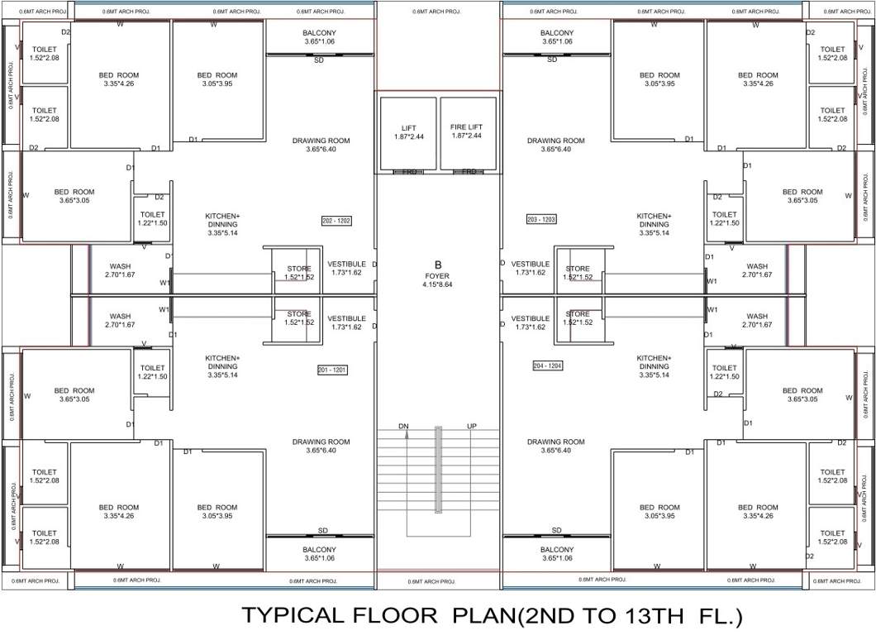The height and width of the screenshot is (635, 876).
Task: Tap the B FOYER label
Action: point(438,271)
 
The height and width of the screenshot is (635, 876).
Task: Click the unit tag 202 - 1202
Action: point(336,221)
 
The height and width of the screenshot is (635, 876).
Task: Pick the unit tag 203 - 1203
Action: point(540,219)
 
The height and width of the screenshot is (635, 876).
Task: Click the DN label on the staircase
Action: point(403,427)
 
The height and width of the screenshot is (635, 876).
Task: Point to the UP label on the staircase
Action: point(472,427)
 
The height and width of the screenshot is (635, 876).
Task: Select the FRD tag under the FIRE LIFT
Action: point(469,171)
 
